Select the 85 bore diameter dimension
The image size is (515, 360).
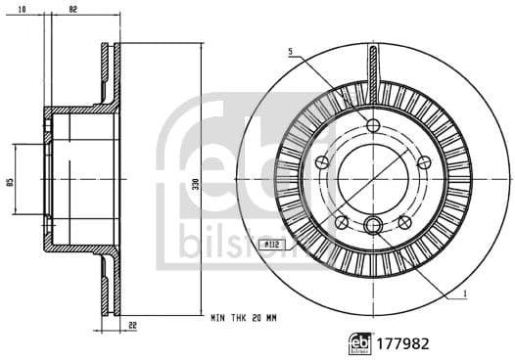9,180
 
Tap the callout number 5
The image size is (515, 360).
290,51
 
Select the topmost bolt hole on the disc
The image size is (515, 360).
373,124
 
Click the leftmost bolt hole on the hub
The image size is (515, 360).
323,162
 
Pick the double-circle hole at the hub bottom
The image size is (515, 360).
373,226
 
